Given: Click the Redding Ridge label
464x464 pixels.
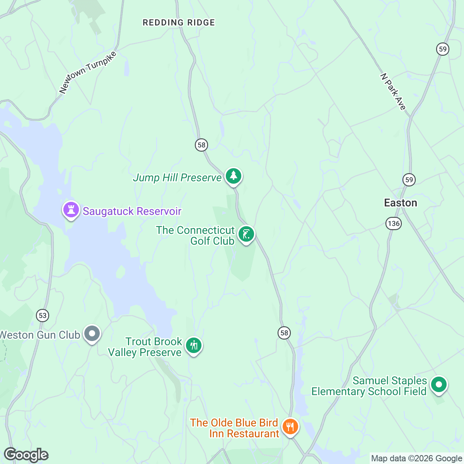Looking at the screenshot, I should click(179, 23).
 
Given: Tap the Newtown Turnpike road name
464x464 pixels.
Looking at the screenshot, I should click(88, 72).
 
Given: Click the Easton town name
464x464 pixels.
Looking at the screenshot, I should click(400, 203).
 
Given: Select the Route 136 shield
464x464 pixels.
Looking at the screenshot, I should click(393, 223).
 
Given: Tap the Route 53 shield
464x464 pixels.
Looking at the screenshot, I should click(43, 315).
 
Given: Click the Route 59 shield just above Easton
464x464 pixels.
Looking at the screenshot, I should click(409, 179).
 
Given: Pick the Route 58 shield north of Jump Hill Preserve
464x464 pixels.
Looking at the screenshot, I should click(201, 145).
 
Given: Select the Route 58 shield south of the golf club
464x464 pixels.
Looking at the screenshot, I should click(284, 333).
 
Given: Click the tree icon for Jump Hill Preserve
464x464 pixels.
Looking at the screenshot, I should click(233, 176).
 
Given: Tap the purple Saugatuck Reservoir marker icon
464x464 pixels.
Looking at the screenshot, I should click(71, 210).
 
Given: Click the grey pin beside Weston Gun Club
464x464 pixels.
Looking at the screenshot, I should click(92, 333).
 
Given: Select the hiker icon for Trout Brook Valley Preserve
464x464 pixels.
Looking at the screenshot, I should click(194, 345).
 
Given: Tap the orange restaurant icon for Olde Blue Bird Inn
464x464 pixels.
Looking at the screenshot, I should click(290, 427).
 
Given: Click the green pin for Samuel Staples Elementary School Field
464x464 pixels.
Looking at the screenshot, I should click(438, 385).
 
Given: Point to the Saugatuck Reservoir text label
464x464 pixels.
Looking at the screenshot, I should click(132, 212).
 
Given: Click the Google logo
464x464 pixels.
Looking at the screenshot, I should click(26, 455).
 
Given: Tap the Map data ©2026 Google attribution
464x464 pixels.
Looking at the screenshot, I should click(416, 459).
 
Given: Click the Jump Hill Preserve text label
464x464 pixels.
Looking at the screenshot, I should click(177, 178).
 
